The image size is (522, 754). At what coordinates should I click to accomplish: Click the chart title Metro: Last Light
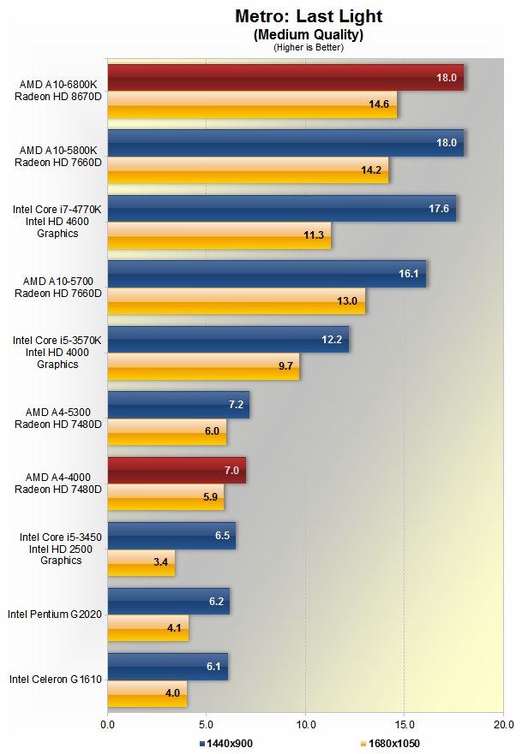[309, 16]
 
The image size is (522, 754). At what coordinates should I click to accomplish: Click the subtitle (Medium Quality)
[309, 34]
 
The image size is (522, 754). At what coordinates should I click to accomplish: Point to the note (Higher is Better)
[309, 47]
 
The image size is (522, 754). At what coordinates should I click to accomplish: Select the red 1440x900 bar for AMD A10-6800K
[285, 77]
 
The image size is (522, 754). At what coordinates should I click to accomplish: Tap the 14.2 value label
[371, 169]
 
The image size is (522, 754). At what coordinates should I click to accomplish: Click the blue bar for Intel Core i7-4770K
[281, 208]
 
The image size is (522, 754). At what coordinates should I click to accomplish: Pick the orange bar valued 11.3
[219, 235]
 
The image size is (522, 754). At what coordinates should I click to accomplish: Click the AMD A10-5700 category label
[57, 287]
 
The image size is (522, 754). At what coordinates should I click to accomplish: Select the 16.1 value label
[408, 274]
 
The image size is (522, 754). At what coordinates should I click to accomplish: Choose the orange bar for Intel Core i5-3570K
[203, 365]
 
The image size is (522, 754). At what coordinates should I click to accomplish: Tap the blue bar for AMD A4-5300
[178, 405]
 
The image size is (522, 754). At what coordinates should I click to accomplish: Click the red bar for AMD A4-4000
[177, 470]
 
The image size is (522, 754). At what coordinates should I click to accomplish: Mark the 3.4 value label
[159, 562]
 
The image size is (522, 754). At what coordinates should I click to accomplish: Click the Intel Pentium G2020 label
[55, 614]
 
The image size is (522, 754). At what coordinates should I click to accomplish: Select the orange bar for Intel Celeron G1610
[147, 692]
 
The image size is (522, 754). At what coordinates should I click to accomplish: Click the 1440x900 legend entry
[226, 744]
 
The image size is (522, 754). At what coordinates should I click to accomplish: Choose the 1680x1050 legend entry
[390, 744]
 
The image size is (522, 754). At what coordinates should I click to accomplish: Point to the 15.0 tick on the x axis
[405, 724]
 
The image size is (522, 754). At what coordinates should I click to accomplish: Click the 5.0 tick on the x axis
[207, 724]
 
